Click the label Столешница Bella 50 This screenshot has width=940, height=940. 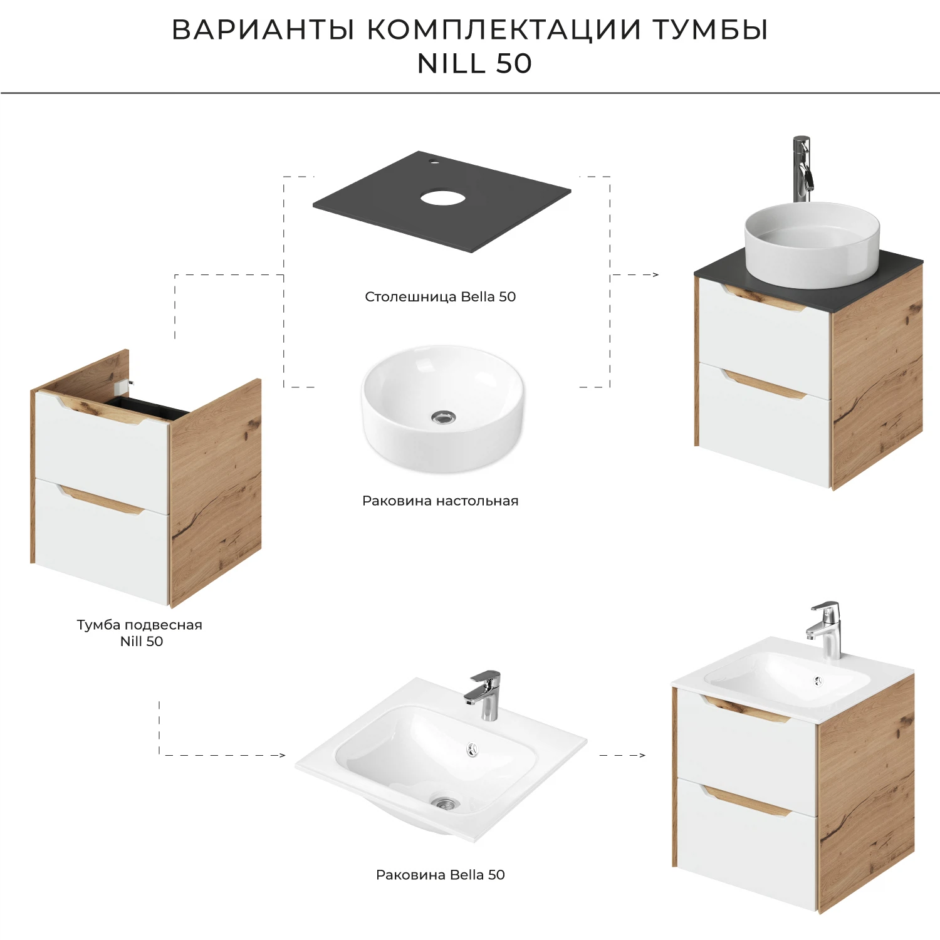tap(440, 297)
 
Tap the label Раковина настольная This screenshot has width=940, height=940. tap(440, 501)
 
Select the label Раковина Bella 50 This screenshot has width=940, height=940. tap(440, 875)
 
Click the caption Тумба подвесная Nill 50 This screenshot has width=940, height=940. tap(140, 633)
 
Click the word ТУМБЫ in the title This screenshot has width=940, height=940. tap(710, 30)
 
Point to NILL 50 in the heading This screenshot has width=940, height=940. tap(474, 64)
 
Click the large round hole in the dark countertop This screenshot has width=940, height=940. tap(442, 199)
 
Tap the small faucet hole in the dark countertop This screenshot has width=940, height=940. tap(432, 162)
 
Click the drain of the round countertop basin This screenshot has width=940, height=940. tap(443, 417)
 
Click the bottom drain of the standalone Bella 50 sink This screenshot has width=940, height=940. tap(446, 803)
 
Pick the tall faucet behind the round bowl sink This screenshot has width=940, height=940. tap(802, 168)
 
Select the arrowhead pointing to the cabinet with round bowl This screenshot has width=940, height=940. tap(655, 274)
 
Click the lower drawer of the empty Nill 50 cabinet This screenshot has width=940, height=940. tap(100, 539)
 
